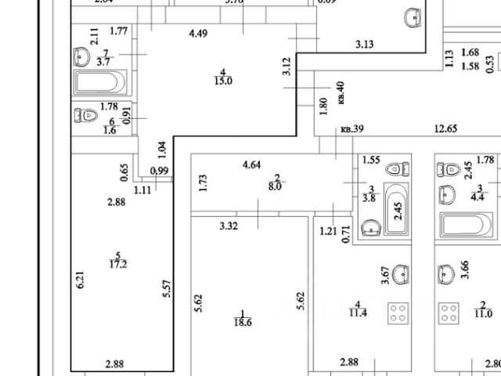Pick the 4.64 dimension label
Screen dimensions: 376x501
click(251, 164)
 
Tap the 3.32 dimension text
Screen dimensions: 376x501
click(229, 226)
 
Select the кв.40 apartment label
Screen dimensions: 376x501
click(341, 93)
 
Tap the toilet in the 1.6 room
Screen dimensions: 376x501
click(88, 116)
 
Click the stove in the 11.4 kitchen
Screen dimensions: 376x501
click(398, 313)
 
